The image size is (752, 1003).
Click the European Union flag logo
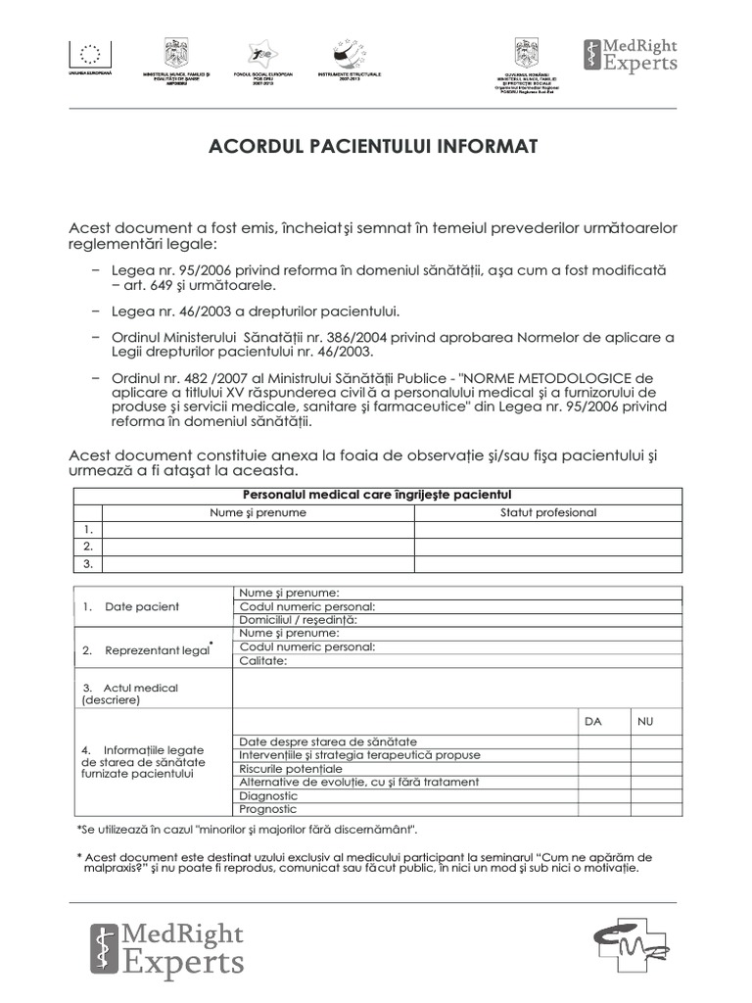pyautogui.click(x=90, y=53)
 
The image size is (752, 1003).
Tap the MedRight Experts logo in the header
pyautogui.click(x=630, y=56)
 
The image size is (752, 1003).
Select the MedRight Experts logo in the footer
pyautogui.click(x=166, y=948)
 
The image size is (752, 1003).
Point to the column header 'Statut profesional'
pyautogui.click(x=547, y=512)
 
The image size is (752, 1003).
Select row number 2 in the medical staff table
pyautogui.click(x=88, y=547)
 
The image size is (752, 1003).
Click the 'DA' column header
pyautogui.click(x=592, y=721)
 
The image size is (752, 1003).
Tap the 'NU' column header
pyautogui.click(x=644, y=721)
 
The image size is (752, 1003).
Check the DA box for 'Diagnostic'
pyautogui.click(x=602, y=796)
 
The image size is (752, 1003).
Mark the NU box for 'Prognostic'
pyautogui.click(x=655, y=810)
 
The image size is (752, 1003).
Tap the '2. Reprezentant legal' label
pyautogui.click(x=147, y=649)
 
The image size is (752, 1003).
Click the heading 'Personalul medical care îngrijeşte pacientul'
pyautogui.click(x=376, y=496)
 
